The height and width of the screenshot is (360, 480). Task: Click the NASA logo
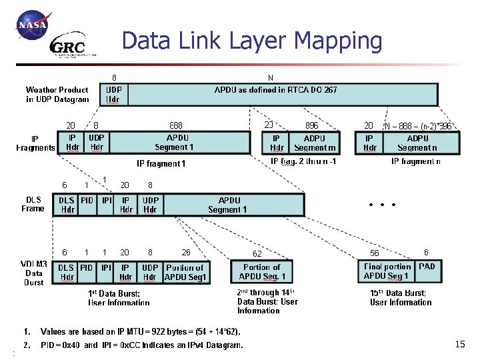coord(33,27)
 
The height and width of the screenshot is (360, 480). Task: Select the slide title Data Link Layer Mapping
coord(252,41)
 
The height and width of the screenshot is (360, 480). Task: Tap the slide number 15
coord(459,344)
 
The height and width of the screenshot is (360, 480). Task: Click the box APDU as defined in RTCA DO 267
coord(276,94)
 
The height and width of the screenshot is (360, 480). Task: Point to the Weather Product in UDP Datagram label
coord(57,94)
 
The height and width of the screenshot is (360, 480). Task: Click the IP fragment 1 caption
coord(161,163)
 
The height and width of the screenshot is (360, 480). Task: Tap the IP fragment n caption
coord(415,161)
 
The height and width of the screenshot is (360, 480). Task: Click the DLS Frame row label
coord(34,204)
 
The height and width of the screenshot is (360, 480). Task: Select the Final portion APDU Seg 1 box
coord(387,271)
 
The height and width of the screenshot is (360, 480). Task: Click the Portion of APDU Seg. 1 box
coord(263,271)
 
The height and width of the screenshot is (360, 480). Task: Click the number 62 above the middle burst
coord(257,253)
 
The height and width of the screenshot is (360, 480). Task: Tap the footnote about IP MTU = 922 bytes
coord(140,331)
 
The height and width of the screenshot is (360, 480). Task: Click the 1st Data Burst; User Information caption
coord(119,297)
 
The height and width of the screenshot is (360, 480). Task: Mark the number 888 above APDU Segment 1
coord(176,125)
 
